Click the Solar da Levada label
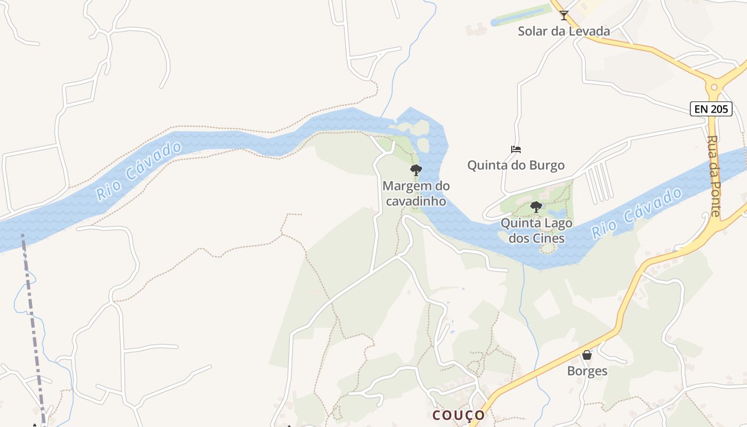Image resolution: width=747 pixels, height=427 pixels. pyautogui.click(x=564, y=31)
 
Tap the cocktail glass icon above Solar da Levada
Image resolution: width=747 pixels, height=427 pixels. pyautogui.click(x=564, y=15)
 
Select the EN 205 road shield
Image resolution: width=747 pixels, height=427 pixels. pyautogui.click(x=711, y=109)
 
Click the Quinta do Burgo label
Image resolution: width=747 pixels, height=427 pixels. pyautogui.click(x=516, y=165)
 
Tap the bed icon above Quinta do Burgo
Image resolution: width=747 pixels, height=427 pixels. pyautogui.click(x=516, y=149)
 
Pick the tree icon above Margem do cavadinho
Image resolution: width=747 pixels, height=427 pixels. pyautogui.click(x=416, y=170)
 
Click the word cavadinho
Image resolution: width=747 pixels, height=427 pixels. pyautogui.click(x=416, y=201)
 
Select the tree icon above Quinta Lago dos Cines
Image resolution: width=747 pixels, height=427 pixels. pyautogui.click(x=536, y=207)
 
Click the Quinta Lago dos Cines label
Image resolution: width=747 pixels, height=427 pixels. pyautogui.click(x=536, y=231)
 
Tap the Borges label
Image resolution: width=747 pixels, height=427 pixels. pyautogui.click(x=587, y=371)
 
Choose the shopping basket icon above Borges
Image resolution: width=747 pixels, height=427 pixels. pyautogui.click(x=587, y=355)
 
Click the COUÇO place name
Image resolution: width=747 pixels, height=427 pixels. pyautogui.click(x=459, y=415)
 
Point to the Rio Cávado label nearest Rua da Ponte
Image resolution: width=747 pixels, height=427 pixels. pyautogui.click(x=637, y=213)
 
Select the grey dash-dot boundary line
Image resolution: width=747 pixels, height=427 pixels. pyautogui.click(x=32, y=320)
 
